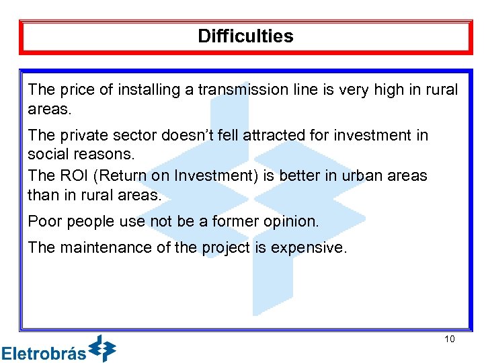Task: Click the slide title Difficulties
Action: tap(245, 36)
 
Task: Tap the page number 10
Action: tap(450, 339)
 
